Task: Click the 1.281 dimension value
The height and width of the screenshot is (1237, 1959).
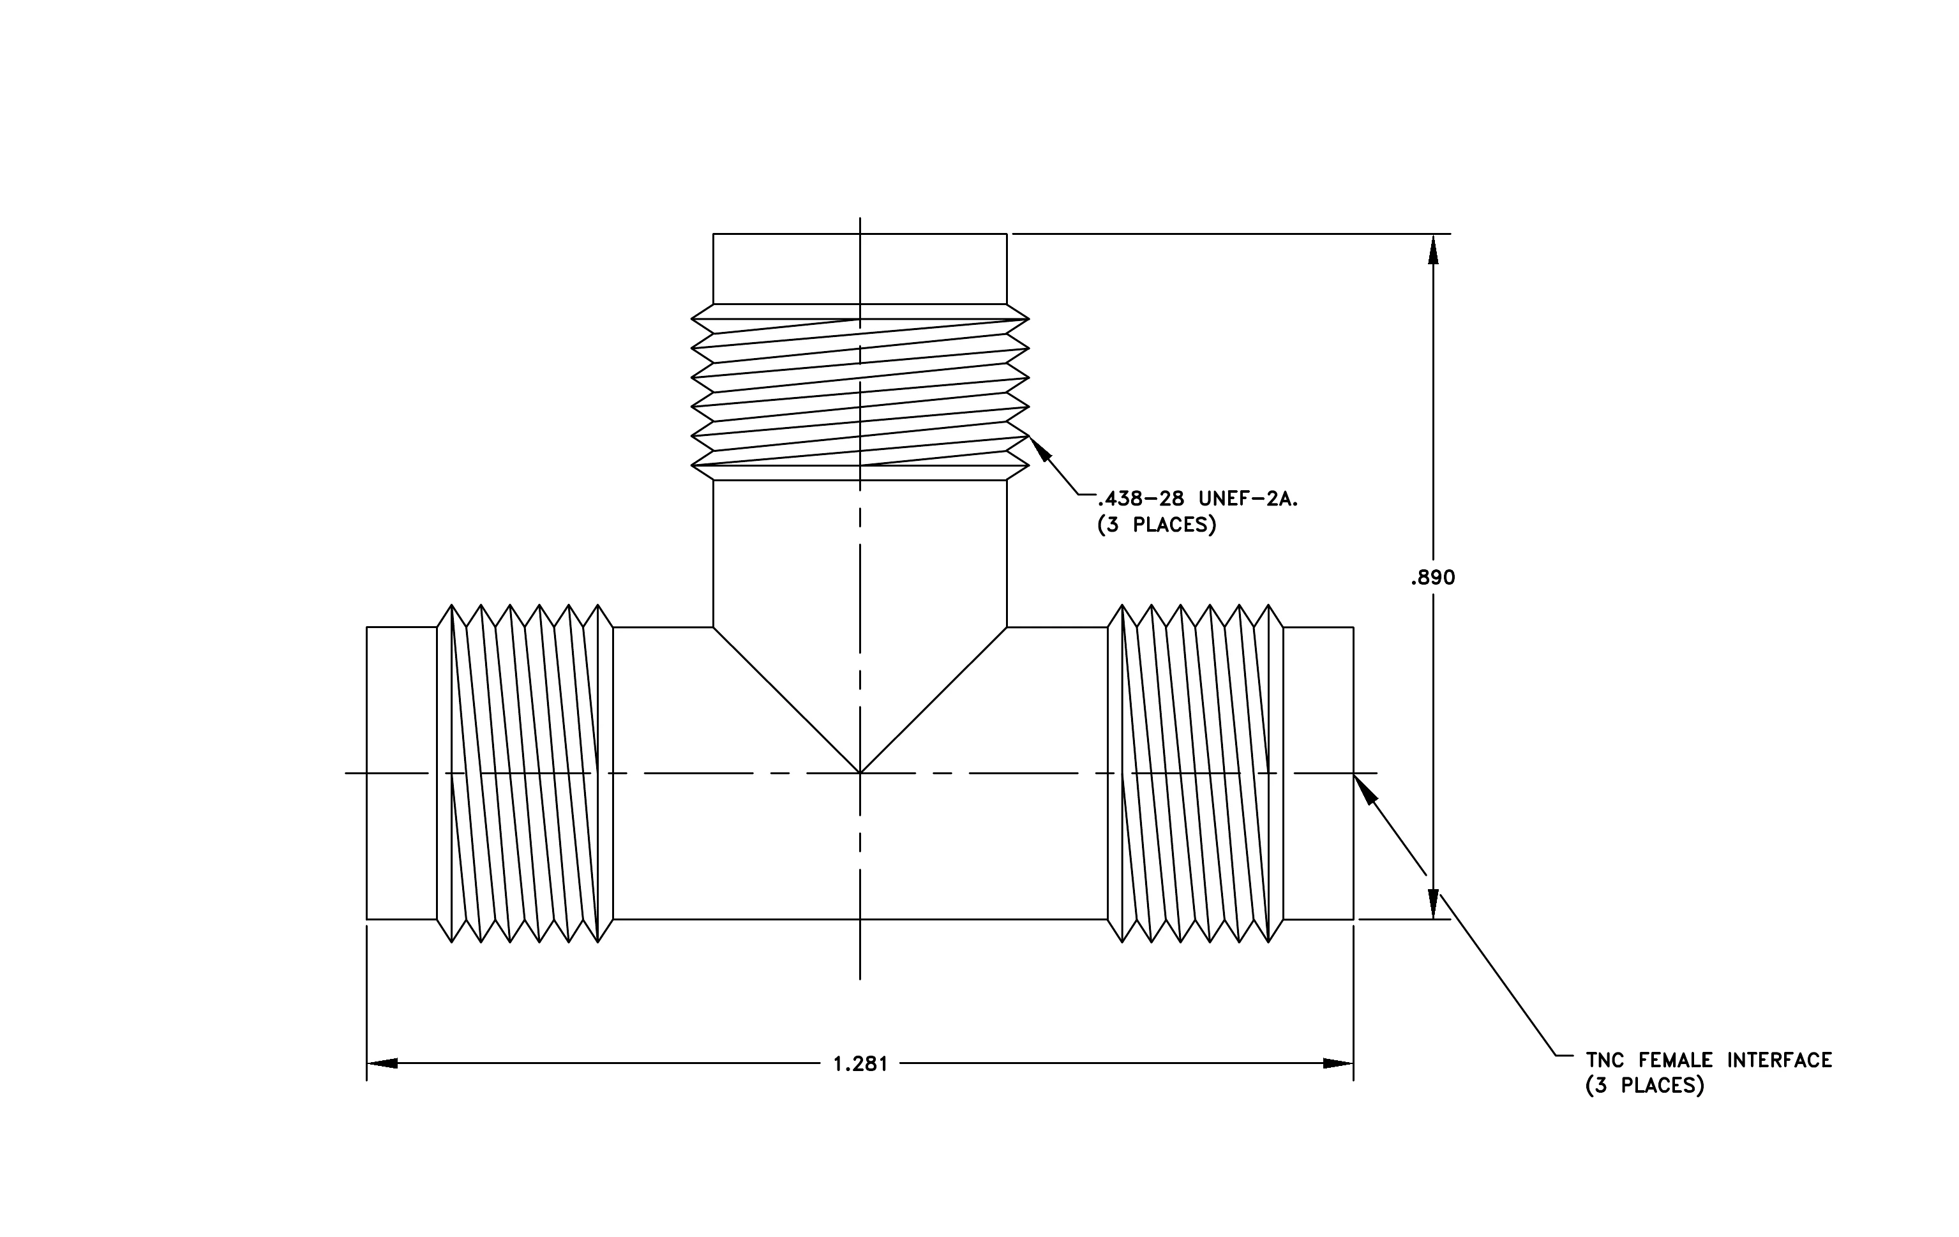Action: click(860, 1064)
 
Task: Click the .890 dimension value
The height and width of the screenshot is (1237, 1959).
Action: click(1432, 578)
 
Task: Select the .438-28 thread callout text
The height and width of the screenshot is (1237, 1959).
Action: click(1141, 499)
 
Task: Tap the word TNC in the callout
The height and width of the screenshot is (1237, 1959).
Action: click(1604, 1061)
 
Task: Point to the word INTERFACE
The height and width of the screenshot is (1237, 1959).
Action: click(1780, 1061)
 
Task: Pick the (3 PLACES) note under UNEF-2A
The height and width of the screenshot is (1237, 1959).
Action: click(1157, 525)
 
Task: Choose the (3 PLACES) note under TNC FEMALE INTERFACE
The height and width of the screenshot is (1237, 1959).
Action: click(1645, 1086)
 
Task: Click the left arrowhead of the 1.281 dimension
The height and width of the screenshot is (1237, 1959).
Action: click(382, 1063)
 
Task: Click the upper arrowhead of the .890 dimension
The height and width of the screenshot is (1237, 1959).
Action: click(1434, 250)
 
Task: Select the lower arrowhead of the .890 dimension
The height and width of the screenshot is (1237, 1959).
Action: click(1434, 904)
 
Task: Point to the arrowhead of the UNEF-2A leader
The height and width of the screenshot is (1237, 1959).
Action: click(1040, 448)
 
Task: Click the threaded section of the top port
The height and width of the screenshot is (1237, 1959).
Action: click(860, 393)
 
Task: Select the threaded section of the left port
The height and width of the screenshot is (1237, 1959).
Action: click(525, 774)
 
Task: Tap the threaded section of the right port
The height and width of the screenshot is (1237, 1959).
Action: click(1195, 774)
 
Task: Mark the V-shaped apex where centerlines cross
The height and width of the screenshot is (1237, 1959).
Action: click(860, 772)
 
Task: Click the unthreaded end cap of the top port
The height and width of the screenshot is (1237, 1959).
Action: click(860, 269)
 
